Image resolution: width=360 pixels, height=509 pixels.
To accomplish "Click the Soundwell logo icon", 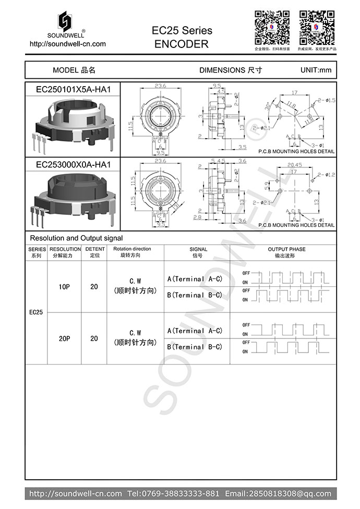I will (65, 21).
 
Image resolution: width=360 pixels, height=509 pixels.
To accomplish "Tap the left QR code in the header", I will (271, 27).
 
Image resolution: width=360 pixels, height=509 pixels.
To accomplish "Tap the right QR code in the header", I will (317, 27).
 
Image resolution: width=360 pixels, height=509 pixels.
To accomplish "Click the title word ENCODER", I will (182, 44).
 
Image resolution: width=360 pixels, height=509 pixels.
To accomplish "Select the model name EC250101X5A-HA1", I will (73, 89).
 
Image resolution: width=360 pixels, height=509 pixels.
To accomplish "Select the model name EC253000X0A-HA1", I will (73, 164).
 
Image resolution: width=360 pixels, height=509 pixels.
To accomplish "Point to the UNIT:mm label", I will (316, 70).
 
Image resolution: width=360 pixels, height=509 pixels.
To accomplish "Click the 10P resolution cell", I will (64, 287).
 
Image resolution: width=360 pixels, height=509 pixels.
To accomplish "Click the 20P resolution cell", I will (64, 338).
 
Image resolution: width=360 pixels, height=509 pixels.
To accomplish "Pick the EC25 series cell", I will (36, 312).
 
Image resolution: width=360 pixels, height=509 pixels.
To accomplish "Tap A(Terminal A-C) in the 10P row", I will (195, 279).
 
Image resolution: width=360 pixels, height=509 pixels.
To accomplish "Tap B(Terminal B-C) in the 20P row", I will (195, 347).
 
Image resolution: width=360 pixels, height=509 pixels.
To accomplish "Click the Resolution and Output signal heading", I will (76, 238).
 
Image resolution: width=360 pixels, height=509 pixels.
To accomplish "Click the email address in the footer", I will (278, 493).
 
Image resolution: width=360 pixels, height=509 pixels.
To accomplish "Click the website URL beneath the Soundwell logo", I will (67, 44).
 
